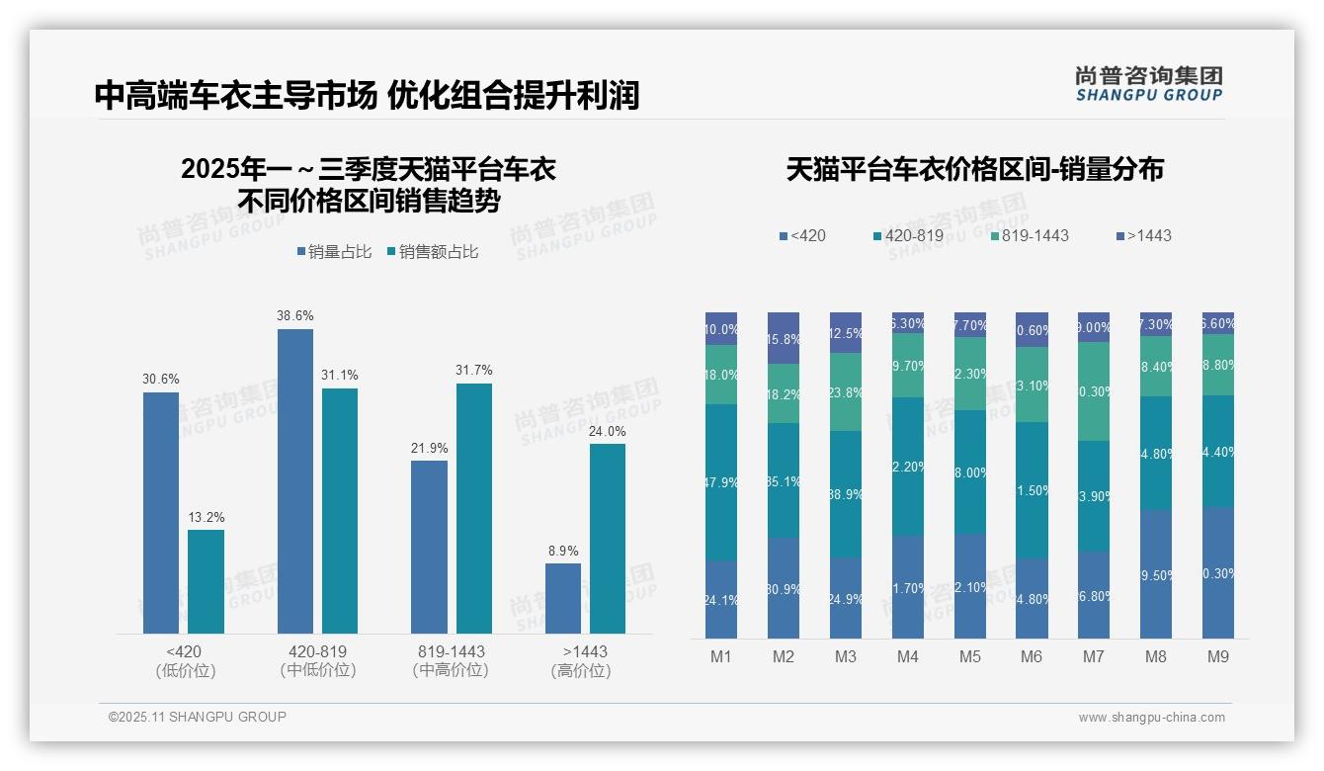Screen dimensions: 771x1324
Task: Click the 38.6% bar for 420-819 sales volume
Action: [x=294, y=481]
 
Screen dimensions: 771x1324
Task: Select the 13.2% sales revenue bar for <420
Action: [x=206, y=581]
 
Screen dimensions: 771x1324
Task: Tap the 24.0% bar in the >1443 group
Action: [x=608, y=539]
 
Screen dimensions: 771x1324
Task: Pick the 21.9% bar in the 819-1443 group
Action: [x=429, y=547]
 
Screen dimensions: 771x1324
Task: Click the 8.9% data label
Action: [x=563, y=551]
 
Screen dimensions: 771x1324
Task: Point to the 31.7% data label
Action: [x=474, y=371]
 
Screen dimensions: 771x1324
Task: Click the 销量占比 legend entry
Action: [x=334, y=252]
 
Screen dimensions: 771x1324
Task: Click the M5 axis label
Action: [x=969, y=656]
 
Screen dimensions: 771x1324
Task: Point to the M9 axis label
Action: [x=1217, y=656]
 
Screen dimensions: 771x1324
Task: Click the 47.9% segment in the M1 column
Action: [x=721, y=482]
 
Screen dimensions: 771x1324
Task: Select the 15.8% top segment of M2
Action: [x=784, y=338]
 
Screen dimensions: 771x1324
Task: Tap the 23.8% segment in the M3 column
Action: [x=846, y=391]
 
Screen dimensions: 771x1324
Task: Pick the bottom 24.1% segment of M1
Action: [x=721, y=600]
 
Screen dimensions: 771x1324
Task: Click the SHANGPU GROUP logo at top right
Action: [x=1149, y=84]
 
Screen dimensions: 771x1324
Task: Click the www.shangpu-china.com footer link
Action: [x=1151, y=718]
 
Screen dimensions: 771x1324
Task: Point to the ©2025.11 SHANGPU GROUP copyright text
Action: [x=198, y=717]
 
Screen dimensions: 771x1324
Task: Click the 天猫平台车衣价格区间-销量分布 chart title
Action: [x=974, y=169]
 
